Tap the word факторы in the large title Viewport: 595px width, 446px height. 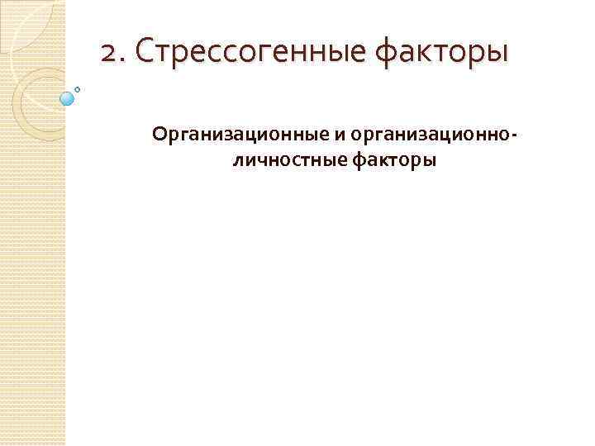(x=443, y=54)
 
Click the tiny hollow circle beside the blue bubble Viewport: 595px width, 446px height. (x=79, y=88)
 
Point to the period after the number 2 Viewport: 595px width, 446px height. (x=121, y=61)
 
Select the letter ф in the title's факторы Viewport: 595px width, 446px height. (x=388, y=55)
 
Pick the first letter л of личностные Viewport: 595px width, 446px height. (x=239, y=159)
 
